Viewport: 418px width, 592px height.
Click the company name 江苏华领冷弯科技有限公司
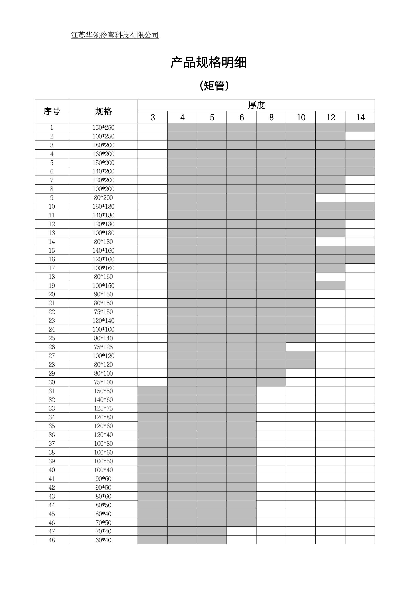(x=115, y=35)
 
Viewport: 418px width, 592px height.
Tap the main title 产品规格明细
(x=208, y=63)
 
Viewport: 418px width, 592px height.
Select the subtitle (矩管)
(x=214, y=86)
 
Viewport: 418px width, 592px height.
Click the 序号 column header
(x=52, y=111)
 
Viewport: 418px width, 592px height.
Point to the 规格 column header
(x=103, y=111)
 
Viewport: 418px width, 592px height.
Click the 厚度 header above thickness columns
(x=256, y=105)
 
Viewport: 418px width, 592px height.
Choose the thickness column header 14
(x=360, y=117)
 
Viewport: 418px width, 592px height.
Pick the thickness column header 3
(x=153, y=117)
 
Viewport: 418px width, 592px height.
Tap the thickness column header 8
(x=271, y=117)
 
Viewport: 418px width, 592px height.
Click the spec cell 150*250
(x=103, y=127)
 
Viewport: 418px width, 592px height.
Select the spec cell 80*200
(x=103, y=198)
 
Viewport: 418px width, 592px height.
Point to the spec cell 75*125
(x=103, y=347)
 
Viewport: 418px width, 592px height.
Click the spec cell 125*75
(x=103, y=408)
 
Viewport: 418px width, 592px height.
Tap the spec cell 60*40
(x=103, y=540)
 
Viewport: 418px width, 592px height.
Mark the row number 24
(x=52, y=329)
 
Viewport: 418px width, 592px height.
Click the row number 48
(x=52, y=540)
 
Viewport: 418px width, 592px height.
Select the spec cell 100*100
(x=103, y=329)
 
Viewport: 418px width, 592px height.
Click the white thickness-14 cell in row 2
(x=360, y=136)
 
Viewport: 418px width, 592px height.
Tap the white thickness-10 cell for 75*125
(x=301, y=347)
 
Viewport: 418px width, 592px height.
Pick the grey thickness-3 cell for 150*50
(x=153, y=391)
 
